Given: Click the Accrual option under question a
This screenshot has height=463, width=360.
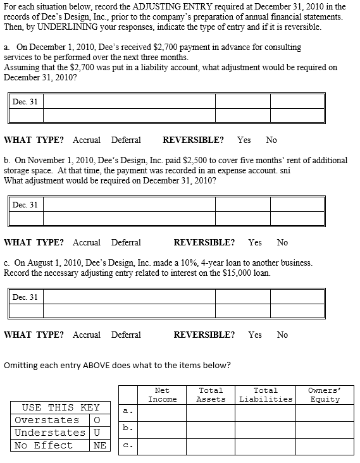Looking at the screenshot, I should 87,140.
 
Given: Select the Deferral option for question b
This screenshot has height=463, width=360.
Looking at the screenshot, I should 126,242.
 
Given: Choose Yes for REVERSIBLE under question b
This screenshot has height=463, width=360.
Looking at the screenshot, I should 255,242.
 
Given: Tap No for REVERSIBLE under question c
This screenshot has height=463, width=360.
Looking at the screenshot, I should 282,335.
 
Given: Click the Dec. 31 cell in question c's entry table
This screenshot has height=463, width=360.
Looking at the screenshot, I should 25,297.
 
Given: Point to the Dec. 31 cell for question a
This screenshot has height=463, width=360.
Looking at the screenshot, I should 25,101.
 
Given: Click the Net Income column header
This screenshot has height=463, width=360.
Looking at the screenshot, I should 162,395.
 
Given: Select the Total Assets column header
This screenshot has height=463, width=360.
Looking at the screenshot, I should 211,395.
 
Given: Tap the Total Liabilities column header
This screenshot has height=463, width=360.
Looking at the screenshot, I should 266,395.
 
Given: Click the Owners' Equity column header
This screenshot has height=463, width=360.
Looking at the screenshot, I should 324,395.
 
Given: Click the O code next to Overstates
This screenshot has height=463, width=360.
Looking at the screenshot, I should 97,420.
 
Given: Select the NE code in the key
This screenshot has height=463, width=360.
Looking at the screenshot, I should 99,445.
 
